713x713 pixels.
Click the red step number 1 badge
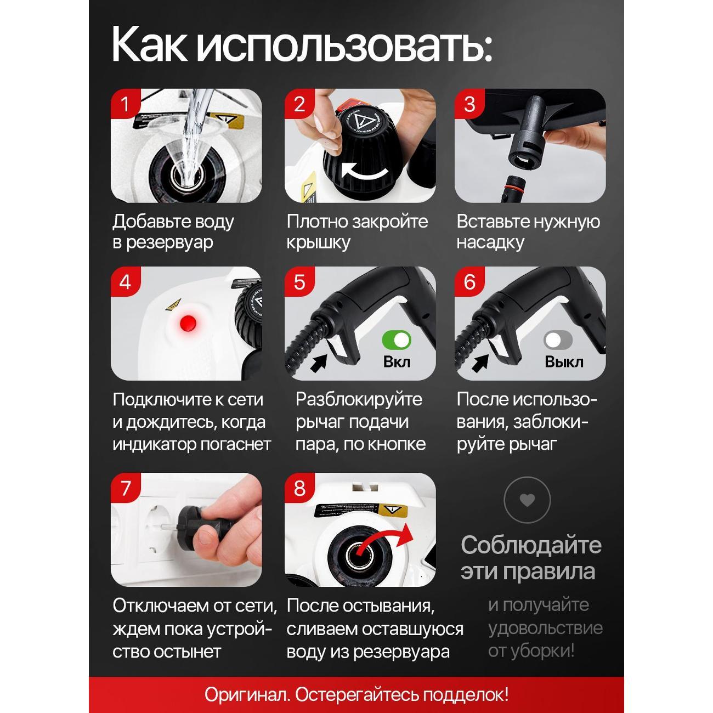(x=125, y=104)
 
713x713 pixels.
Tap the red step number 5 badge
(x=299, y=282)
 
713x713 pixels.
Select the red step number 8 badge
(x=299, y=488)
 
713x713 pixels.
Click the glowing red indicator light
(x=188, y=324)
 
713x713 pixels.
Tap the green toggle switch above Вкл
(x=397, y=339)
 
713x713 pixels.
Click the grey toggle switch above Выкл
(x=558, y=339)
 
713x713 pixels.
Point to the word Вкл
(x=397, y=361)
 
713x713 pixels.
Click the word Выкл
(x=564, y=361)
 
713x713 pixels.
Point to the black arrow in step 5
(x=319, y=363)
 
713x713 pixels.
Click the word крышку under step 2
(x=318, y=243)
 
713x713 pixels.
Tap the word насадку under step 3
(x=490, y=243)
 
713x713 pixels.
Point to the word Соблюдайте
(x=531, y=546)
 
